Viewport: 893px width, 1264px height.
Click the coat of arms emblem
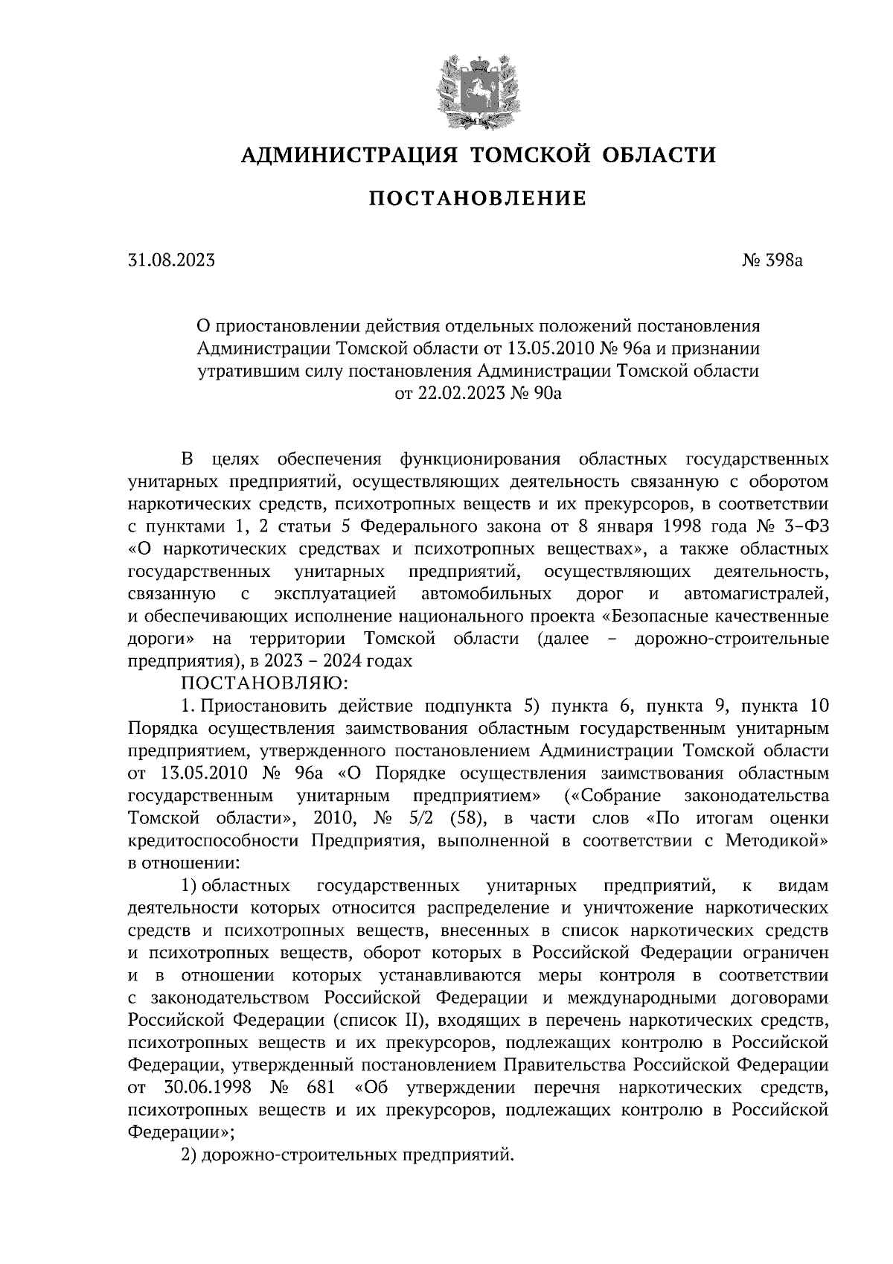477,92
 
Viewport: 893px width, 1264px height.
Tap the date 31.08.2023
172,261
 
